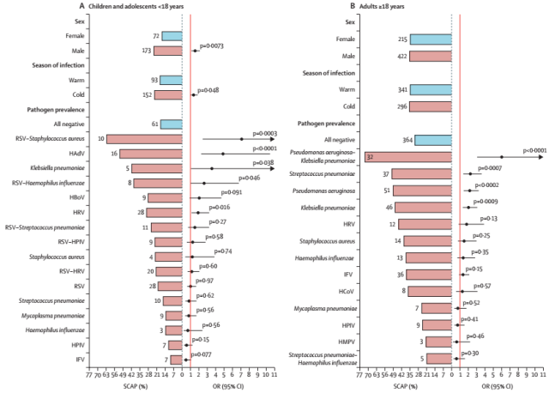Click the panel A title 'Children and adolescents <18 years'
coord(90,7)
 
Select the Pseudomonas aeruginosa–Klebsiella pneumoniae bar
coord(408,157)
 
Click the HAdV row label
coord(75,154)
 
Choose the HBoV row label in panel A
coord(75,197)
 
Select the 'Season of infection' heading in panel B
coord(322,72)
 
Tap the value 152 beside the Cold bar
coord(148,94)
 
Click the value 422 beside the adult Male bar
coord(399,56)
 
